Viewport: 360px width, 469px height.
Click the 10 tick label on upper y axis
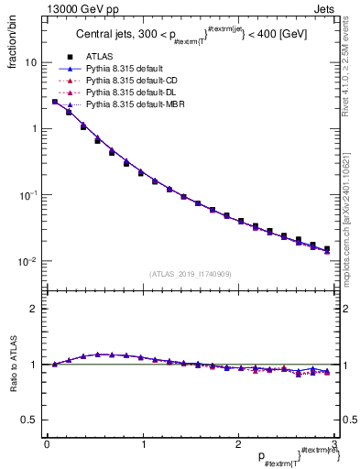29,63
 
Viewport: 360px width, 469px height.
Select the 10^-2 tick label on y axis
27,262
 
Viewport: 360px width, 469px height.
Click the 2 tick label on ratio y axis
33,309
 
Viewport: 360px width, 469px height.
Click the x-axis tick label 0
47,446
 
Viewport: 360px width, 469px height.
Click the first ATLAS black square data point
55,102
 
